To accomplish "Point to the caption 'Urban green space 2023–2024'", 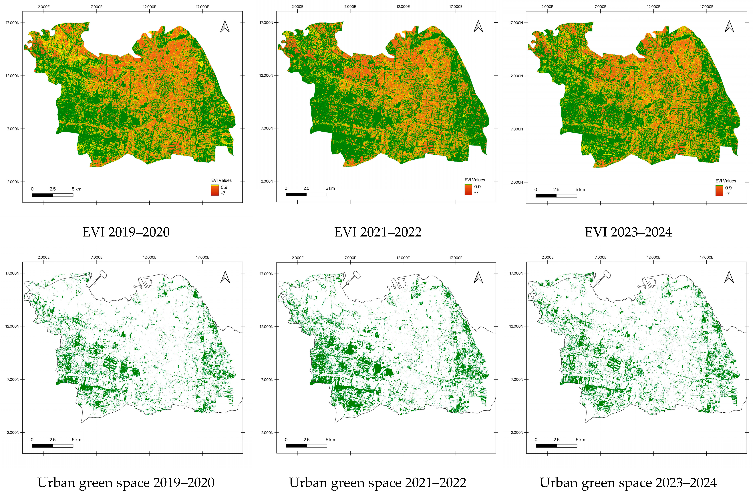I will pyautogui.click(x=628, y=483).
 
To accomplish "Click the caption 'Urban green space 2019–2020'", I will pyautogui.click(x=126, y=483).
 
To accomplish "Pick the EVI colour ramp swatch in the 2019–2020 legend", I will pyautogui.click(x=215, y=190).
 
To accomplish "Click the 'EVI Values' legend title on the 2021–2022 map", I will pyautogui.click(x=475, y=180).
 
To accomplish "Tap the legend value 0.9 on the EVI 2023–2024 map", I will pyautogui.click(x=728, y=188).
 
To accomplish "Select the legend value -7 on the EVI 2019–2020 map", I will pyautogui.click(x=223, y=193).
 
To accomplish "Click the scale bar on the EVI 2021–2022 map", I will pyautogui.click(x=306, y=194).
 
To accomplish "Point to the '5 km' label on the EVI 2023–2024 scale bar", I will pyautogui.click(x=580, y=189).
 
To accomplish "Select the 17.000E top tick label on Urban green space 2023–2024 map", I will pyautogui.click(x=706, y=257).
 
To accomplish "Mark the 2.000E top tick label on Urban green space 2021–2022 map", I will pyautogui.click(x=297, y=258).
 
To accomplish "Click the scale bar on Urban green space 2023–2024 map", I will pyautogui.click(x=556, y=446).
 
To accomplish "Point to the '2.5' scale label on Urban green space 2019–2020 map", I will pyautogui.click(x=53, y=440).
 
